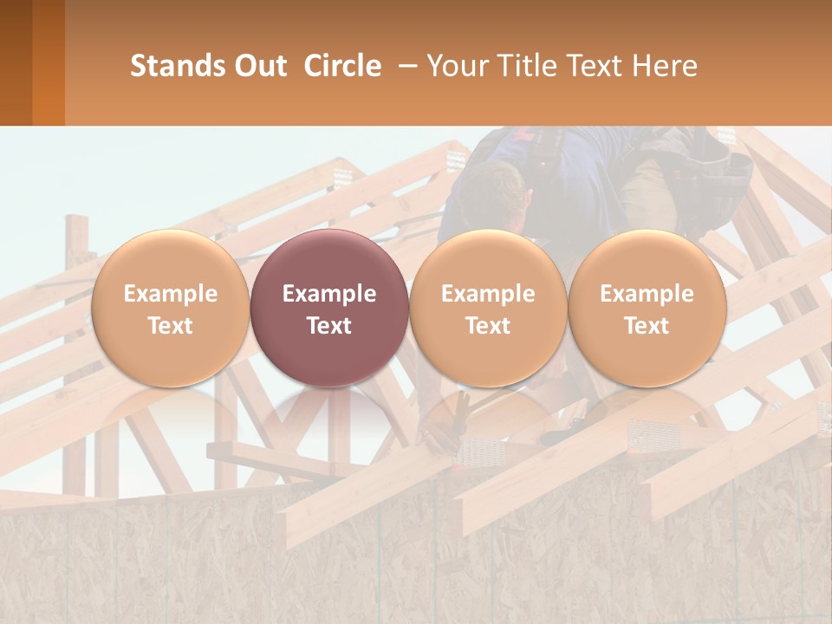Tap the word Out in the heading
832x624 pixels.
[x=260, y=66]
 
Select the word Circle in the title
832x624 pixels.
[x=342, y=66]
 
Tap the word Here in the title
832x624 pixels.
[x=665, y=66]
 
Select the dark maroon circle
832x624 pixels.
[x=329, y=308]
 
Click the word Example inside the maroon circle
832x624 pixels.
[x=329, y=294]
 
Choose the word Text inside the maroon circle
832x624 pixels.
[x=329, y=326]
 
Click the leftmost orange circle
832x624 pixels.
[x=171, y=308]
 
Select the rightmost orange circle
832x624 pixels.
[x=647, y=308]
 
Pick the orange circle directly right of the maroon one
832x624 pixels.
[x=488, y=308]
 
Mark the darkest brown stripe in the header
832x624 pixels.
[x=16, y=62]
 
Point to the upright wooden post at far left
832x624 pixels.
[x=76, y=260]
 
